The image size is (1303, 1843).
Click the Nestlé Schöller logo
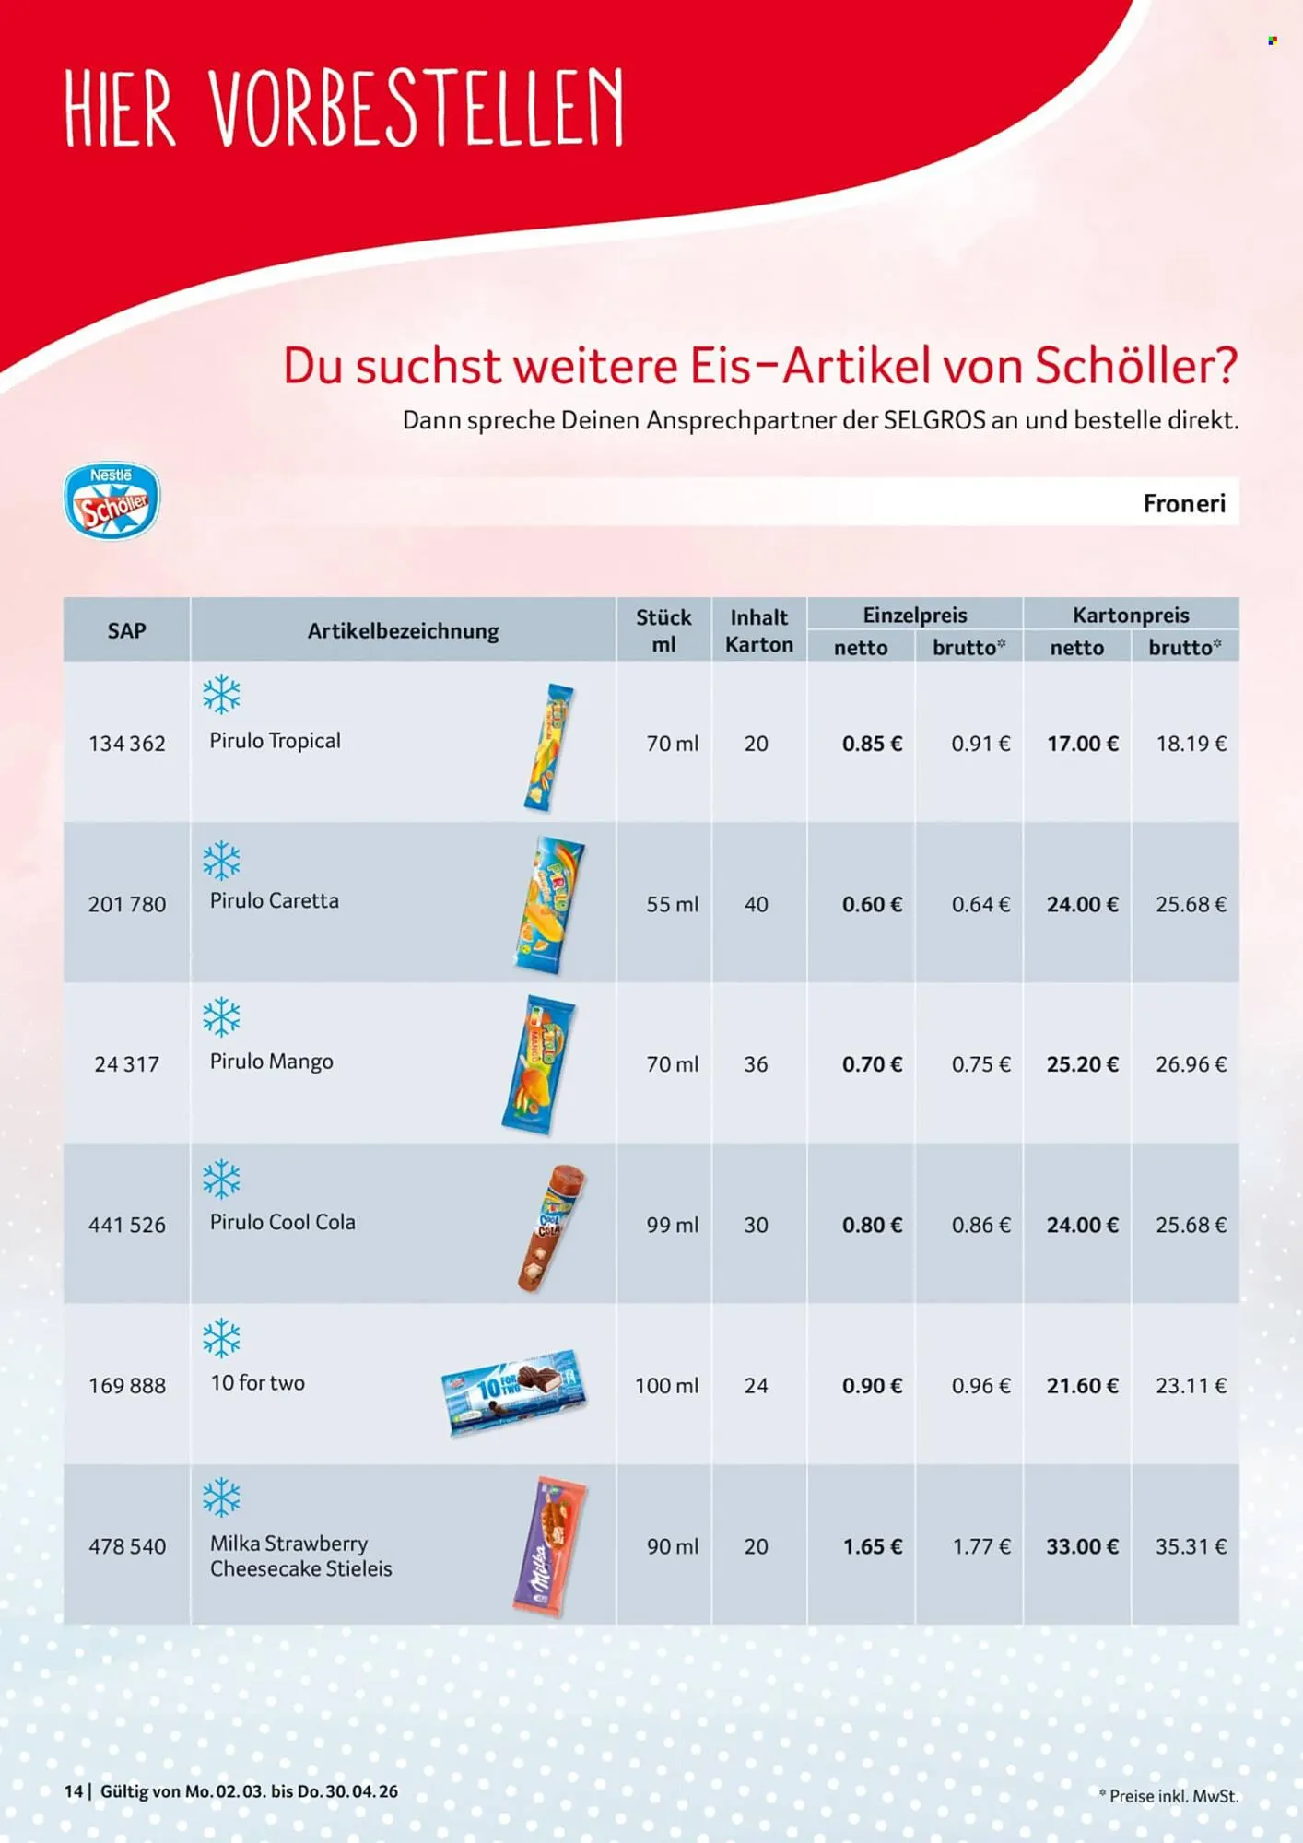click(112, 501)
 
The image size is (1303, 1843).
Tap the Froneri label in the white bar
click(1183, 503)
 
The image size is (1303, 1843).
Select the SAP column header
click(126, 630)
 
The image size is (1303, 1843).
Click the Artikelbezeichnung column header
click(403, 630)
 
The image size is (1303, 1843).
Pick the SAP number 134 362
click(126, 744)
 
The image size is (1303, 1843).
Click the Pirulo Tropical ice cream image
click(549, 747)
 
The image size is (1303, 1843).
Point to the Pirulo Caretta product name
click(274, 900)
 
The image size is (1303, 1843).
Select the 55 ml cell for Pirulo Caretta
click(672, 904)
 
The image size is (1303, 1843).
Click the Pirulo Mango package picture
click(540, 1063)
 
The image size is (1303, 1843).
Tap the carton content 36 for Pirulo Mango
click(756, 1064)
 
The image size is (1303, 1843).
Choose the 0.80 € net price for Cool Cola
click(871, 1225)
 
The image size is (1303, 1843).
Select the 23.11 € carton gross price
click(1191, 1385)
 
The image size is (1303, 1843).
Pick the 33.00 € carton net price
click(1082, 1546)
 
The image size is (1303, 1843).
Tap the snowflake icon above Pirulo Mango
click(221, 1017)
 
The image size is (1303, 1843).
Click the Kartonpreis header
click(1130, 615)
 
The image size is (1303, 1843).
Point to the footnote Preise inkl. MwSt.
click(1168, 1796)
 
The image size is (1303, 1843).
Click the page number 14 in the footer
click(73, 1791)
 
